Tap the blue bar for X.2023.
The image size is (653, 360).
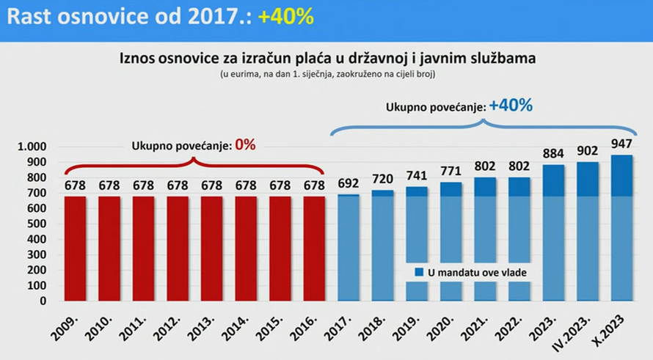(621, 227)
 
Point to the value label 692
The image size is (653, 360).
(349, 184)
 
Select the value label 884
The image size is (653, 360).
(553, 153)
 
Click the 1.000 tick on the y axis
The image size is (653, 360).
(32, 147)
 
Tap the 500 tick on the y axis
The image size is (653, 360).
(37, 224)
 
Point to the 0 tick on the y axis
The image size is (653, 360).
(43, 301)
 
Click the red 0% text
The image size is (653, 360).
(245, 144)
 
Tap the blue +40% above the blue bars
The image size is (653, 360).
(511, 106)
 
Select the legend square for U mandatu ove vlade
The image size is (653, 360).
(419, 273)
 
